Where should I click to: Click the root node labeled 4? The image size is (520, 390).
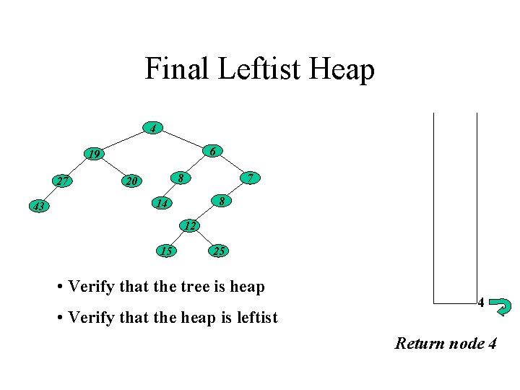tap(152, 129)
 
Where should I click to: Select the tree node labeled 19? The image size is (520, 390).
tap(93, 154)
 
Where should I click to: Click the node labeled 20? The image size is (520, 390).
tap(130, 181)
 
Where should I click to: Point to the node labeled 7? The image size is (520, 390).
tap(248, 177)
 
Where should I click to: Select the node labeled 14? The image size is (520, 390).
tap(162, 204)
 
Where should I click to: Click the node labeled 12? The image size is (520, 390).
tap(188, 225)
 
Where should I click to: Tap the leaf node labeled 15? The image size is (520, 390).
tap(166, 251)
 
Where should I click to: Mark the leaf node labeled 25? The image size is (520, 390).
tap(219, 251)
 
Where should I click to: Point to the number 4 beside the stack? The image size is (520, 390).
tap(480, 303)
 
